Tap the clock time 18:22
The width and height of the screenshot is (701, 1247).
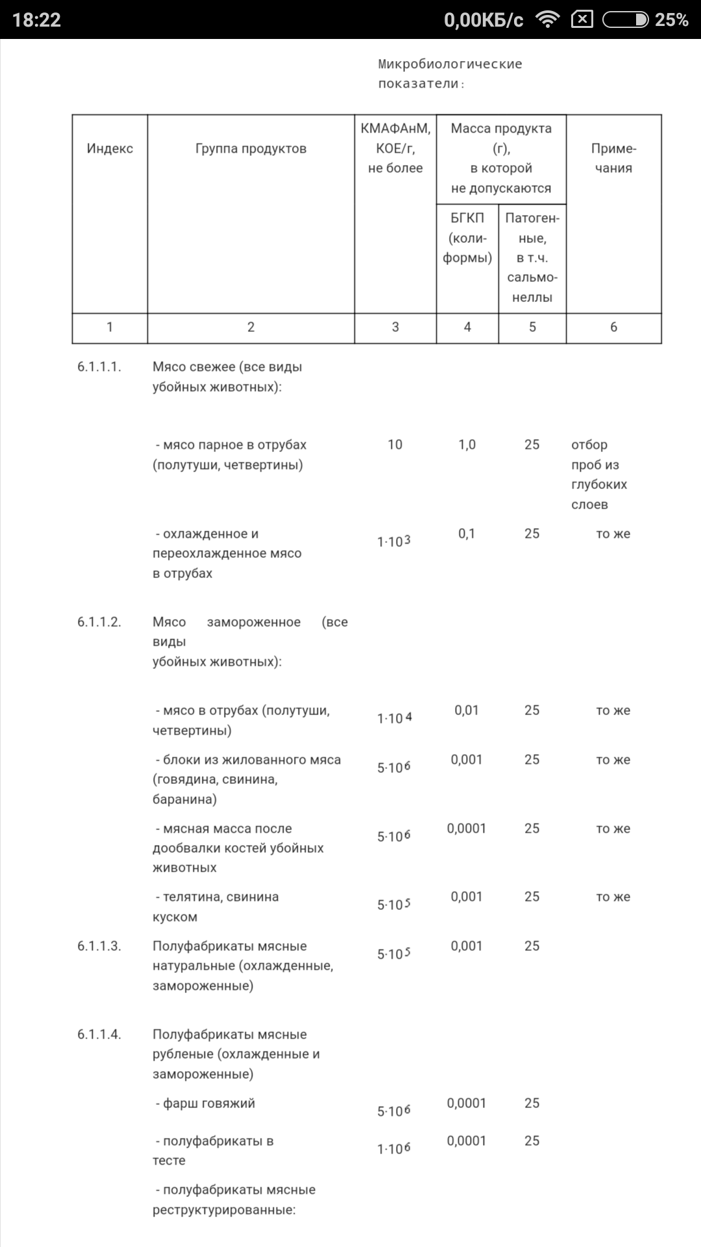coord(36,20)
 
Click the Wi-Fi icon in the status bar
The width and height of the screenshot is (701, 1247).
coord(548,20)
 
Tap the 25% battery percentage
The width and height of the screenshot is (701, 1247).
coord(671,20)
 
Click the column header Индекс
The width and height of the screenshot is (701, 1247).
coord(110,149)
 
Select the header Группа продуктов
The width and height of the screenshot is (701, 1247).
coord(251,149)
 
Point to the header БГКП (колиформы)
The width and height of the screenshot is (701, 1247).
coord(467,238)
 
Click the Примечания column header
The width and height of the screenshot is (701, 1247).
coord(613,158)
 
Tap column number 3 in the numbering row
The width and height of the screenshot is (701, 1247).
coord(395,327)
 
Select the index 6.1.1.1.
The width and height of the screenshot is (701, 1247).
coord(99,367)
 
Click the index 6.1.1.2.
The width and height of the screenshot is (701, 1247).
coord(99,622)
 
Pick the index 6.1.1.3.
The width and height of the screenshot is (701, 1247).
coord(99,946)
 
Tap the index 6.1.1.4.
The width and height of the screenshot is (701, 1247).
coord(99,1035)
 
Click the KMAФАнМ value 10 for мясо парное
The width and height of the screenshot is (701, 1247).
coord(395,445)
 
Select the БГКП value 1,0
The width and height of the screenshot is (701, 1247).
coord(467,445)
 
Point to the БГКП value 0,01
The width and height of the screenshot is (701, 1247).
coord(467,711)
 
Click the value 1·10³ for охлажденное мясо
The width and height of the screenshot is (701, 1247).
coord(394,541)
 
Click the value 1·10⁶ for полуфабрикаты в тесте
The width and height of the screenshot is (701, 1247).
coord(394,1149)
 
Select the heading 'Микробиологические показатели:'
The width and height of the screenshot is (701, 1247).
coord(450,73)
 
